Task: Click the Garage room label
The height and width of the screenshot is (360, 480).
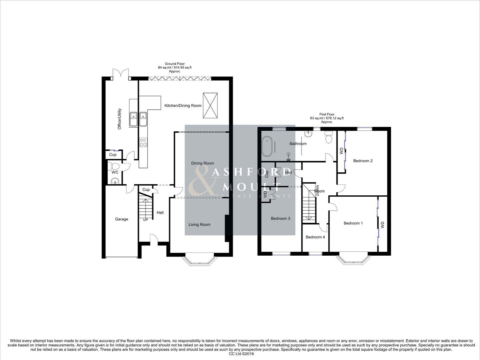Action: tap(121, 219)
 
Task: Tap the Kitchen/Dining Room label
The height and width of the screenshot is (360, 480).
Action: tap(183, 106)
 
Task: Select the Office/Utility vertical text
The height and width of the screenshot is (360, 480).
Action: tap(120, 119)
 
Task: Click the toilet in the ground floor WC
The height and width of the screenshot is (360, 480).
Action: tap(115, 166)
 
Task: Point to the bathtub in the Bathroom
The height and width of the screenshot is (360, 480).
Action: tap(267, 147)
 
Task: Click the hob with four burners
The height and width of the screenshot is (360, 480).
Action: tap(143, 142)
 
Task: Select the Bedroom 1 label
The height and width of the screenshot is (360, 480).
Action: tap(353, 223)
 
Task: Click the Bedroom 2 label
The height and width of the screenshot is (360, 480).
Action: tap(363, 161)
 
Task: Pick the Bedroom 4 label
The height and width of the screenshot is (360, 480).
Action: tap(315, 237)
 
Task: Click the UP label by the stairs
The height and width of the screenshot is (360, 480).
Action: tap(145, 220)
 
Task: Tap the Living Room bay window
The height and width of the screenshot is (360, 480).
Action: tap(199, 260)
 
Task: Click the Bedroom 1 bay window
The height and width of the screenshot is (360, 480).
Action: tap(353, 260)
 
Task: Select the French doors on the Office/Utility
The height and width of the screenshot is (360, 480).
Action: tap(120, 74)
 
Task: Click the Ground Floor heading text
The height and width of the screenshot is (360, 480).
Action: tap(175, 64)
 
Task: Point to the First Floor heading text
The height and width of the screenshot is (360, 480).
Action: tap(326, 114)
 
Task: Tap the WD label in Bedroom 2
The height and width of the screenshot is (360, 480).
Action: tap(341, 151)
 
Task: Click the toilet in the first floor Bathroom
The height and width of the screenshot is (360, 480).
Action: tap(329, 137)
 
